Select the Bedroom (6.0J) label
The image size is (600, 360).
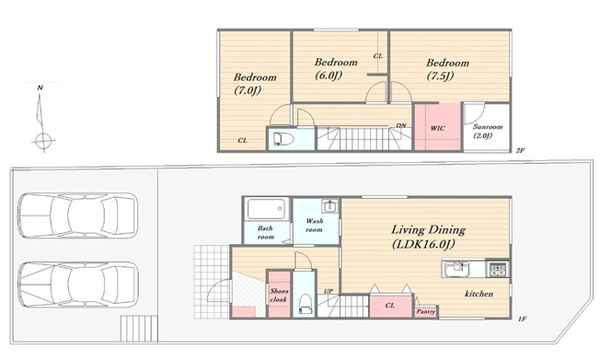tap(336, 68)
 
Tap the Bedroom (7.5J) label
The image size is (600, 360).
tap(447, 69)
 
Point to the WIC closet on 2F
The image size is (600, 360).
tap(437, 127)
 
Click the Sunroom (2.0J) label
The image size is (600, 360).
tap(488, 131)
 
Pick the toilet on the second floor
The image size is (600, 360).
tap(284, 139)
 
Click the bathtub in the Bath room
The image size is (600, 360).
tap(266, 209)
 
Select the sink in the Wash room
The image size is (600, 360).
tap(329, 206)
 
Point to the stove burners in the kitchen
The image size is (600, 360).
tap(498, 269)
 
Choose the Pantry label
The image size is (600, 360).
tap(426, 312)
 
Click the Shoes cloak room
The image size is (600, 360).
tap(279, 294)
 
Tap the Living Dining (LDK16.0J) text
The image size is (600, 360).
tap(428, 237)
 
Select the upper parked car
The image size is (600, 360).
tap(77, 215)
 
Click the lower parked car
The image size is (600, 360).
tap(78, 285)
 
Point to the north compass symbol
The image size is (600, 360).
tap(41, 119)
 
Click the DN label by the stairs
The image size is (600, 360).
tap(401, 125)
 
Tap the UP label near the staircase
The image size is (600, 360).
tap(329, 291)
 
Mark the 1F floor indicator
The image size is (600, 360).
tap(523, 319)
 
